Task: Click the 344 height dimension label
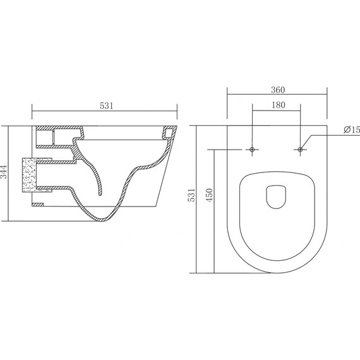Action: pos(4,172)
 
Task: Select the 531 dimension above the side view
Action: pos(107,106)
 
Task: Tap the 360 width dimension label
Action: pos(278,90)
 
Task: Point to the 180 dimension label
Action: pos(279,105)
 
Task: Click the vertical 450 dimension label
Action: pos(210,195)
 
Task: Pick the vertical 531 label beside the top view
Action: pos(191,195)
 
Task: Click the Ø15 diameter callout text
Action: pos(352,129)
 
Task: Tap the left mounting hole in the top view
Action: pos(253,150)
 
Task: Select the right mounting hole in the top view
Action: pos(300,150)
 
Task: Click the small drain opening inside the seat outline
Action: pos(276,197)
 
